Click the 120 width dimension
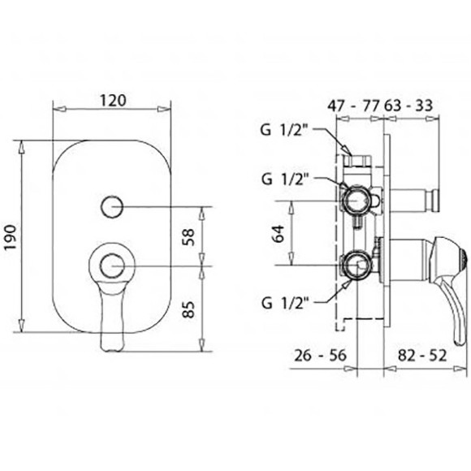(x=113, y=101)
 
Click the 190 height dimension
(x=11, y=237)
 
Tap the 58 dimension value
(x=188, y=237)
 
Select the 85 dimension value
(x=188, y=309)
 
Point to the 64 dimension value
(x=278, y=234)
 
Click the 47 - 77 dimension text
(x=354, y=106)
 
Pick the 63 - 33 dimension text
(x=408, y=106)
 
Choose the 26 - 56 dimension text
(x=320, y=356)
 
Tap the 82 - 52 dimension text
(x=422, y=356)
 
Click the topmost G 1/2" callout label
(x=283, y=131)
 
